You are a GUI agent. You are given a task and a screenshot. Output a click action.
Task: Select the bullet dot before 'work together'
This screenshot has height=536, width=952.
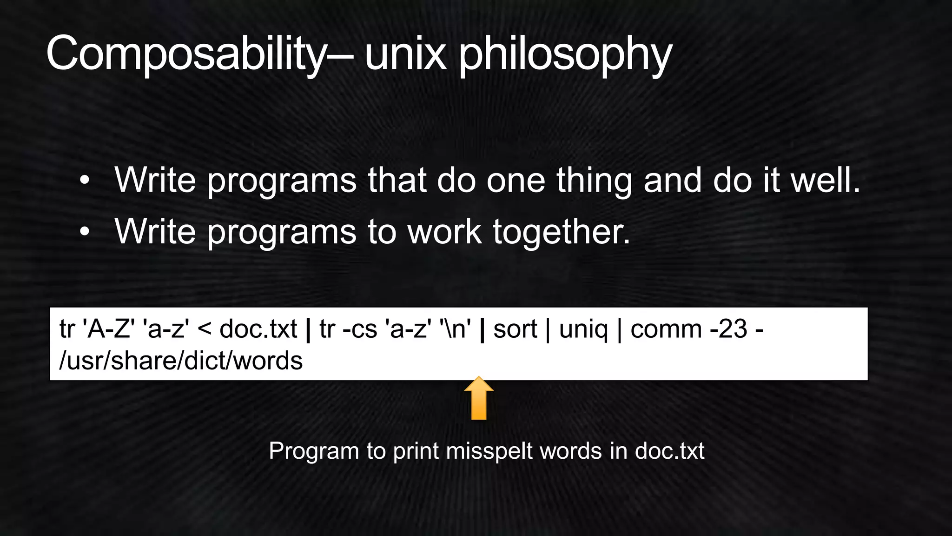84,232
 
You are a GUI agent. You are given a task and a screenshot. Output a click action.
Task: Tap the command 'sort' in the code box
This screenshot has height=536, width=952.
515,329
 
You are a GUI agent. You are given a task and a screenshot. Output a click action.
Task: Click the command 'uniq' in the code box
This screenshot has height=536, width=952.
583,329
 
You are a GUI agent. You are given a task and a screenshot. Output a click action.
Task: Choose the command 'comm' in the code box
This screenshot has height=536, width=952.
666,329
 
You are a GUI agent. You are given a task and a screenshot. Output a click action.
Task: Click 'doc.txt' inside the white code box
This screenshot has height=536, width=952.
258,329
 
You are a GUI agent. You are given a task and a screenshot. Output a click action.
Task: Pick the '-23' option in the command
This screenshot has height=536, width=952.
728,329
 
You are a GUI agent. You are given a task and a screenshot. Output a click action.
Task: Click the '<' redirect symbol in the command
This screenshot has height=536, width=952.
205,329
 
